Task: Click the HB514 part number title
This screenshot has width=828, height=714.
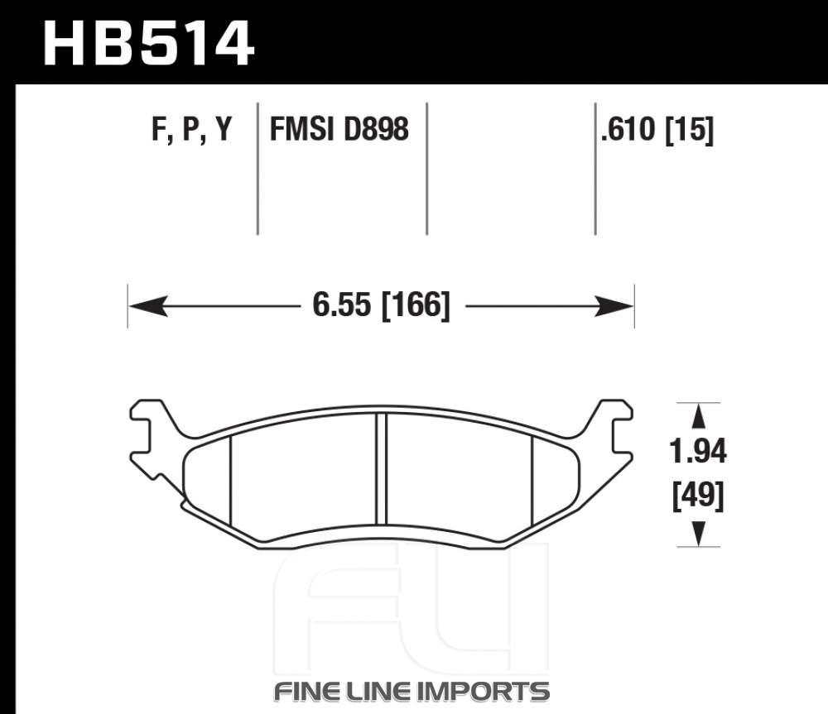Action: (148, 43)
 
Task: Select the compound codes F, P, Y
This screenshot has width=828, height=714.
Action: (192, 129)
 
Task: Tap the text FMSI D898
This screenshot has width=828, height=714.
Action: (339, 129)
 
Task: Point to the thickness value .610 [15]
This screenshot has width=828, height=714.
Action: (657, 130)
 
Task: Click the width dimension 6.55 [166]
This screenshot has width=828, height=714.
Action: (381, 305)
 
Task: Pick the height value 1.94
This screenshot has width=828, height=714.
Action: (698, 452)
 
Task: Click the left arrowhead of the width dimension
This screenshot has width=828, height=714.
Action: (148, 305)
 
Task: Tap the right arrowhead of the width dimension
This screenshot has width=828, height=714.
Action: (614, 305)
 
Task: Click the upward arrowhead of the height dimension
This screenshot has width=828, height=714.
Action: (699, 416)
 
